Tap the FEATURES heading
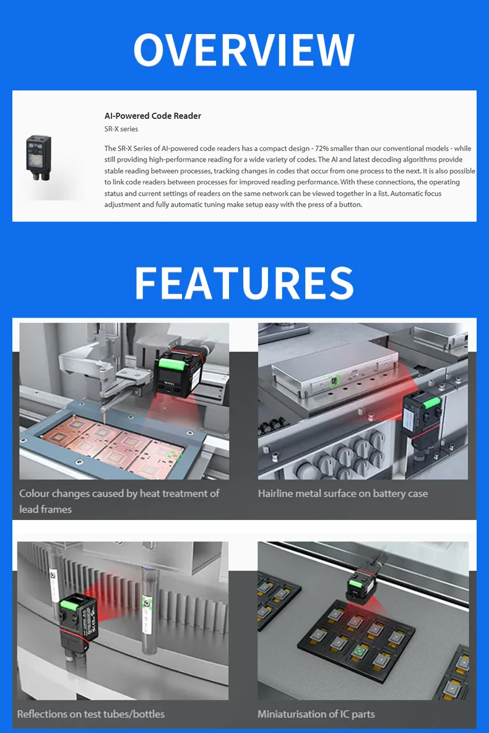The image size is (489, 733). tap(244, 283)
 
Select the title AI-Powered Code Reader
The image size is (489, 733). tap(153, 116)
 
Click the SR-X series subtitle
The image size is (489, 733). tap(121, 129)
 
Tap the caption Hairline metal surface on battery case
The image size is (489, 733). tap(343, 493)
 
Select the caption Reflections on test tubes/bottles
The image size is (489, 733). tap(91, 714)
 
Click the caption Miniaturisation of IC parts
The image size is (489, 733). tap(316, 714)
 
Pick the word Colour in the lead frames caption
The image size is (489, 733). tap(34, 493)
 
